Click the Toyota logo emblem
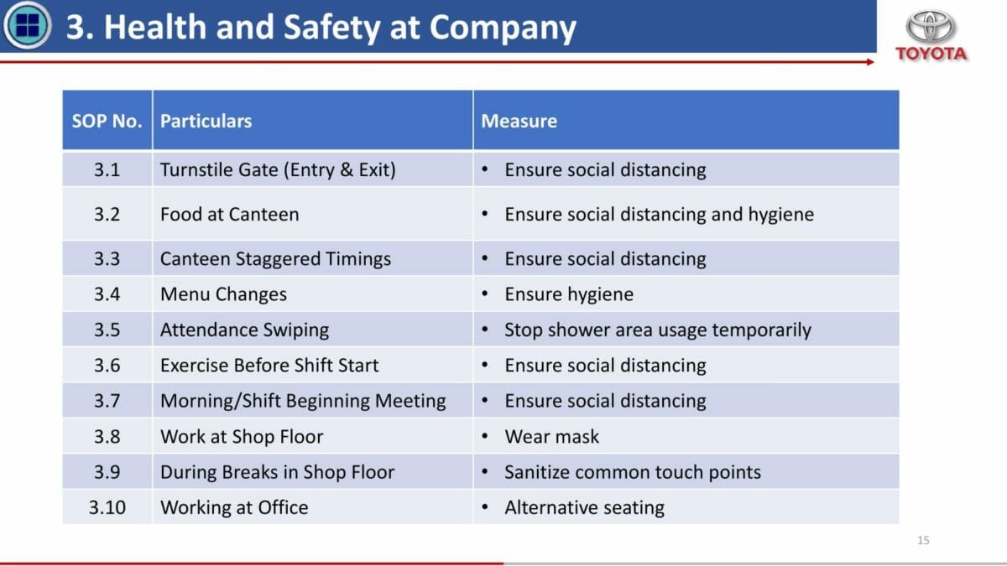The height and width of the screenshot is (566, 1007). coord(930,26)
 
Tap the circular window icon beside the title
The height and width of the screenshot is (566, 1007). coord(28,25)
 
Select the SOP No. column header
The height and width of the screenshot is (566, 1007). coord(107,122)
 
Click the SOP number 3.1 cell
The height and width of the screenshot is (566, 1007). coord(107,169)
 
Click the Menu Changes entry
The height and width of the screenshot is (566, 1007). coord(223,294)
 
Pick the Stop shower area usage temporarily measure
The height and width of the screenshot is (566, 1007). coord(658,330)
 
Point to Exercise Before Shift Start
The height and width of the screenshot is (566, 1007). coord(269,366)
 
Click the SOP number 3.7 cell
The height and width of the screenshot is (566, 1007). coord(107,401)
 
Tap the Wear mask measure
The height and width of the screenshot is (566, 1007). coord(551,437)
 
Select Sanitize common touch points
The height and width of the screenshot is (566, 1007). coord(633,472)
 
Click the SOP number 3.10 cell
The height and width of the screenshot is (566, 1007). coord(107,507)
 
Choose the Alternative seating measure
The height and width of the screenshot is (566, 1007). coord(584,508)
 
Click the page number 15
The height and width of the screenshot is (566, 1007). coord(923,540)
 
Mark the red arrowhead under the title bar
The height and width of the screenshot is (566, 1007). coord(870,62)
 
